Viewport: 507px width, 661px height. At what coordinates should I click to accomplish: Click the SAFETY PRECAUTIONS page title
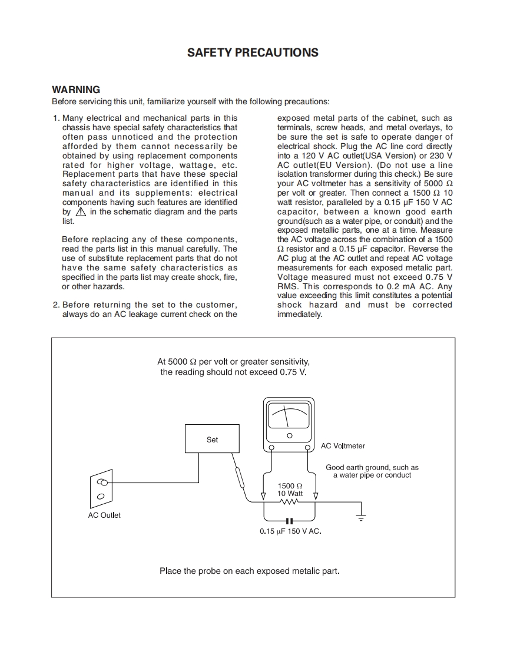pyautogui.click(x=253, y=52)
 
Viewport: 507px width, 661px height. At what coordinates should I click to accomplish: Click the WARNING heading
pyautogui.click(x=76, y=90)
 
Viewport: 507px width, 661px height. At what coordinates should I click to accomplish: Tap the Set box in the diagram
pyautogui.click(x=212, y=439)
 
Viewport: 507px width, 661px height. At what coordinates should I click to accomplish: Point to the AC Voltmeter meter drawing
pyautogui.click(x=289, y=421)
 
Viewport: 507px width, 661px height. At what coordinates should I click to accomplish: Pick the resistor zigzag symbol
pyautogui.click(x=290, y=502)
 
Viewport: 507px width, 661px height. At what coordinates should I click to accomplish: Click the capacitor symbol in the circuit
pyautogui.click(x=289, y=521)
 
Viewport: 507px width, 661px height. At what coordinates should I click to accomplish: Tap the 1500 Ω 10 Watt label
pyautogui.click(x=290, y=490)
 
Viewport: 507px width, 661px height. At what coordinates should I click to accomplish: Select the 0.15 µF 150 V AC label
pyautogui.click(x=290, y=531)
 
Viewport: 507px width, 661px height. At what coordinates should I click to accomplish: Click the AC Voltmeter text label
pyautogui.click(x=343, y=446)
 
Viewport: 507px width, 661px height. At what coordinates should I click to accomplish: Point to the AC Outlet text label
pyautogui.click(x=104, y=515)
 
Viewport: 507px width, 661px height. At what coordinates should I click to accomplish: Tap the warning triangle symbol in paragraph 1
pyautogui.click(x=81, y=212)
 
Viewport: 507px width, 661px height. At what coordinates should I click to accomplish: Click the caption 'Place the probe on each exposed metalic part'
pyautogui.click(x=250, y=571)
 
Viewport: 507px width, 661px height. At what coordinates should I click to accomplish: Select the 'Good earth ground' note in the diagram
pyautogui.click(x=372, y=471)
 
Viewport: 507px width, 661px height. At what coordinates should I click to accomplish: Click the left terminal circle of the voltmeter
pyautogui.click(x=271, y=448)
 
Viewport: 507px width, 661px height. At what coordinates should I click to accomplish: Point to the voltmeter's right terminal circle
pyautogui.click(x=308, y=448)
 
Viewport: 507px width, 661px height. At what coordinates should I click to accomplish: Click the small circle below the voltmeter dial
pyautogui.click(x=289, y=435)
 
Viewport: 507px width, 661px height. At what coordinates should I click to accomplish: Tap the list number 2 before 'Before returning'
pyautogui.click(x=56, y=305)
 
